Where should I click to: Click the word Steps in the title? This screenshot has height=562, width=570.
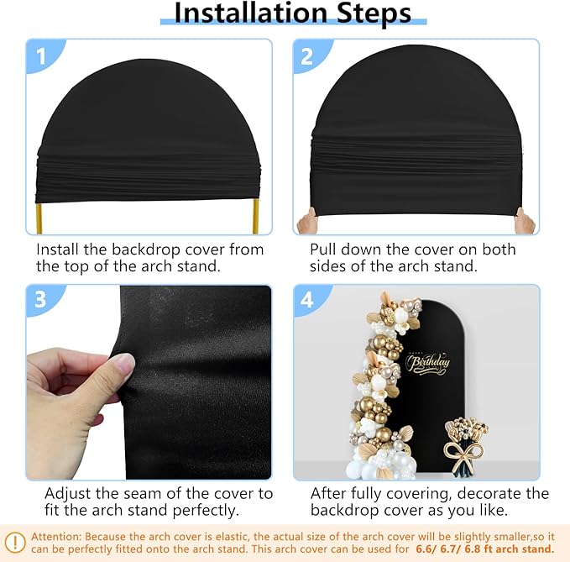(374, 13)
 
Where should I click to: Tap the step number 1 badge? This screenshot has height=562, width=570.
(41, 56)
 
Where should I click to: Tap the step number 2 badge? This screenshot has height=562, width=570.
(307, 56)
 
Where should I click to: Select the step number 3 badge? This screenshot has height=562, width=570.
(40, 300)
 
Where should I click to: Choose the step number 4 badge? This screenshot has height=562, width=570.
(307, 300)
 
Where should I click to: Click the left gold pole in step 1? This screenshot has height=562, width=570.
(39, 218)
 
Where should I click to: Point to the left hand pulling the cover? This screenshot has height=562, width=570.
(307, 220)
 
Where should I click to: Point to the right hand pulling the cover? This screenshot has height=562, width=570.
(525, 221)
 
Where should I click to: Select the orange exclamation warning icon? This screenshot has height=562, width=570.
(15, 543)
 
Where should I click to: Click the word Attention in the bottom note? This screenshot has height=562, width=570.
(56, 537)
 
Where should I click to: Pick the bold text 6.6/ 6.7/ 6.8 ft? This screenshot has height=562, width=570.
(463, 549)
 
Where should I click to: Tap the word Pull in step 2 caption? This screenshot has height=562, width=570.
(323, 249)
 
